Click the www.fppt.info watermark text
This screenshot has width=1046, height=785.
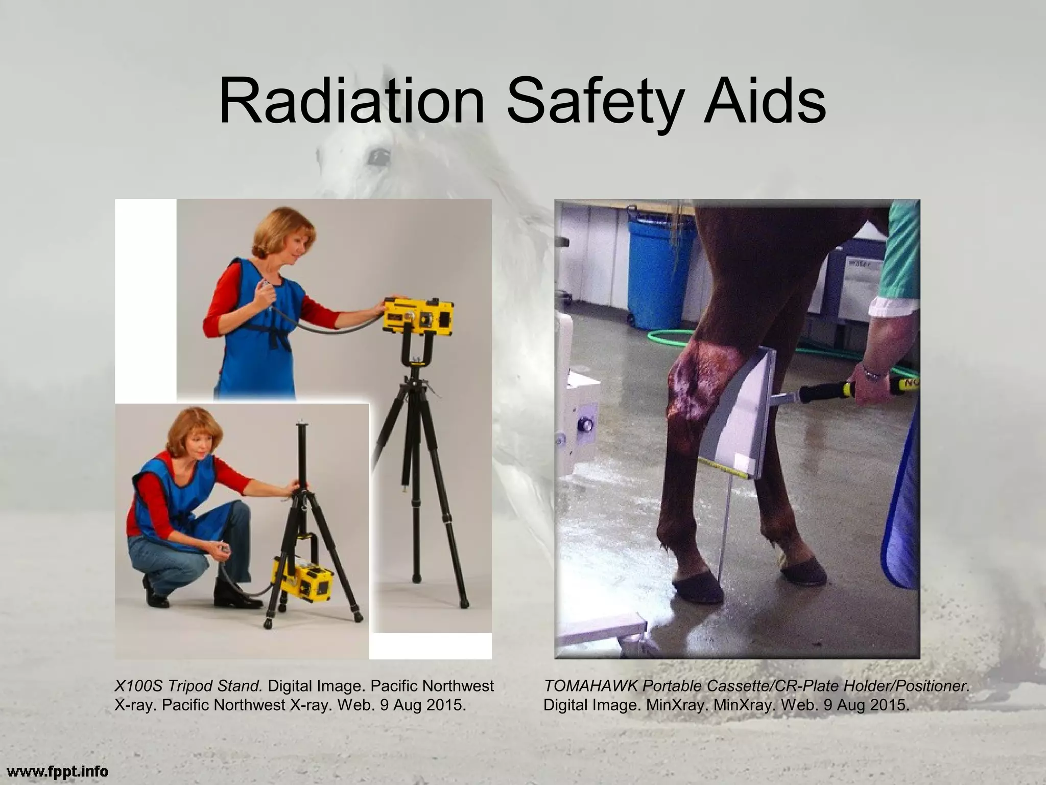click(54, 770)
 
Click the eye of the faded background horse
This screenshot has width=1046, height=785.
click(378, 155)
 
